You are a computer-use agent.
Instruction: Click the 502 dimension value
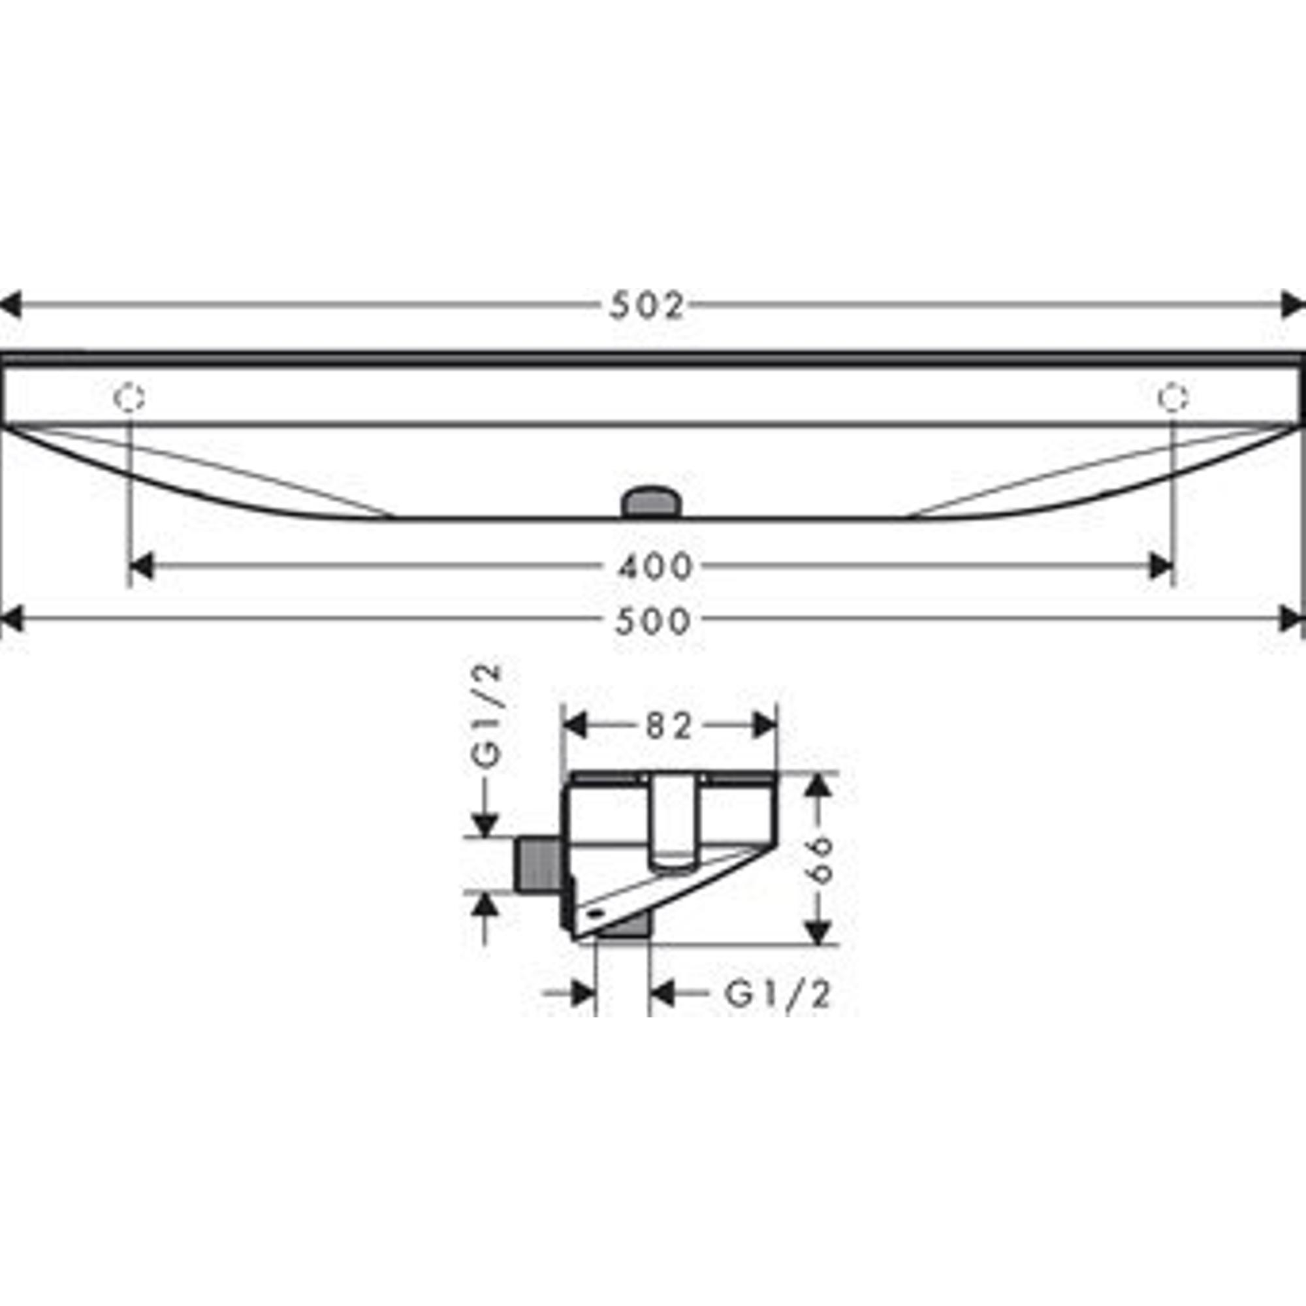pyautogui.click(x=647, y=306)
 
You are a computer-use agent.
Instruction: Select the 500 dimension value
pyautogui.click(x=654, y=621)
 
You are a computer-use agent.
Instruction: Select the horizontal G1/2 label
pyautogui.click(x=777, y=995)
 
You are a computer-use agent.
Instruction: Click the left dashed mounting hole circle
pyautogui.click(x=129, y=398)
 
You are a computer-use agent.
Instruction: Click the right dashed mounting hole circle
pyautogui.click(x=1173, y=398)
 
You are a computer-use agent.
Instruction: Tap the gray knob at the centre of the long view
pyautogui.click(x=653, y=502)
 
